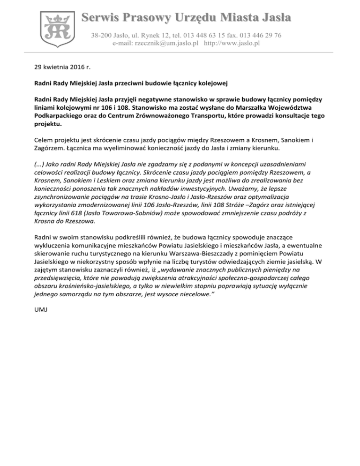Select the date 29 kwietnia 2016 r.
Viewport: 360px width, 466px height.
[61, 67]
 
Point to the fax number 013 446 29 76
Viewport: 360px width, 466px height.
[257, 35]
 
